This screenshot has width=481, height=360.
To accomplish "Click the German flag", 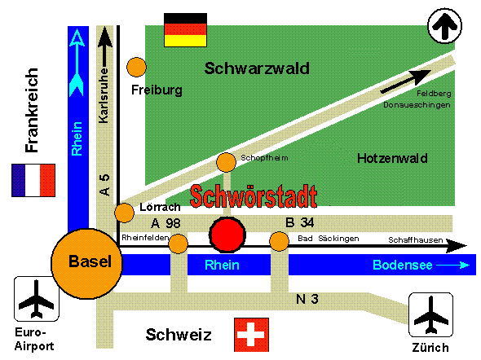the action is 185,30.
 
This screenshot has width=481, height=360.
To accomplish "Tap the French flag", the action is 33,180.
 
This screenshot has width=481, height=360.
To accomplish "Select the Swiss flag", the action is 251,335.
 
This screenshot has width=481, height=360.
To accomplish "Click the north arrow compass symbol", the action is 444,26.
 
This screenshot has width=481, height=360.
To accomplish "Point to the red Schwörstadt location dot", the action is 227,235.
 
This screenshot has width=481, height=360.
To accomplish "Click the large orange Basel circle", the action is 86,264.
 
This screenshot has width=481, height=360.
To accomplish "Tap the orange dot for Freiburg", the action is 136,67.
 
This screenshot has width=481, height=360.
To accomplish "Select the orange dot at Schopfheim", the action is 226,162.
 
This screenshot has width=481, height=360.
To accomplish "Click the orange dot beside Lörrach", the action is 124,213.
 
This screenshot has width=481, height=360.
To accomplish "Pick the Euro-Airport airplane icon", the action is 37,299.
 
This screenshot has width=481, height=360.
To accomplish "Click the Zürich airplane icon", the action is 430,314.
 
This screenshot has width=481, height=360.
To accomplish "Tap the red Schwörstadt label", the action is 254,196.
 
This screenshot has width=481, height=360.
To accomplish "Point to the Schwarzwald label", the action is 257,68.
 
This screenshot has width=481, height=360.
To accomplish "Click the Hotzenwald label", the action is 392,158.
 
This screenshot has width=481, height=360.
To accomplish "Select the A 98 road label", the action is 165,223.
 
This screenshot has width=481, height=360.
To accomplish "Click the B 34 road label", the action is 300,222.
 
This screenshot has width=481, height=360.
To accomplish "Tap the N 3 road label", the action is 307,299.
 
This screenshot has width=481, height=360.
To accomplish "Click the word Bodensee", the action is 403,265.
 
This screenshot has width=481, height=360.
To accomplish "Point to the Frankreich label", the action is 32,110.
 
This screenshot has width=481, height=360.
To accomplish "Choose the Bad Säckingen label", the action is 329,239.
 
